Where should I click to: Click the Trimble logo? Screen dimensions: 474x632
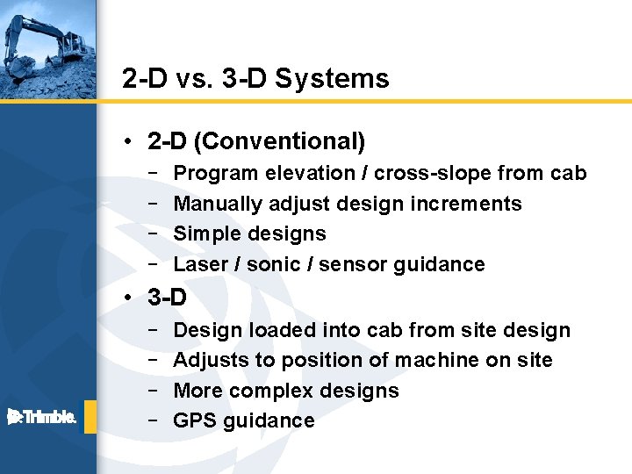coord(42,417)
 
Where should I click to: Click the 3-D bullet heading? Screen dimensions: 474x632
coord(167,298)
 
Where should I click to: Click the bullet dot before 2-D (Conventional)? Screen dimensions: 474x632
coord(128,141)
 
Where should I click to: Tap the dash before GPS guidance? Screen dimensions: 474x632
coord(153,420)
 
